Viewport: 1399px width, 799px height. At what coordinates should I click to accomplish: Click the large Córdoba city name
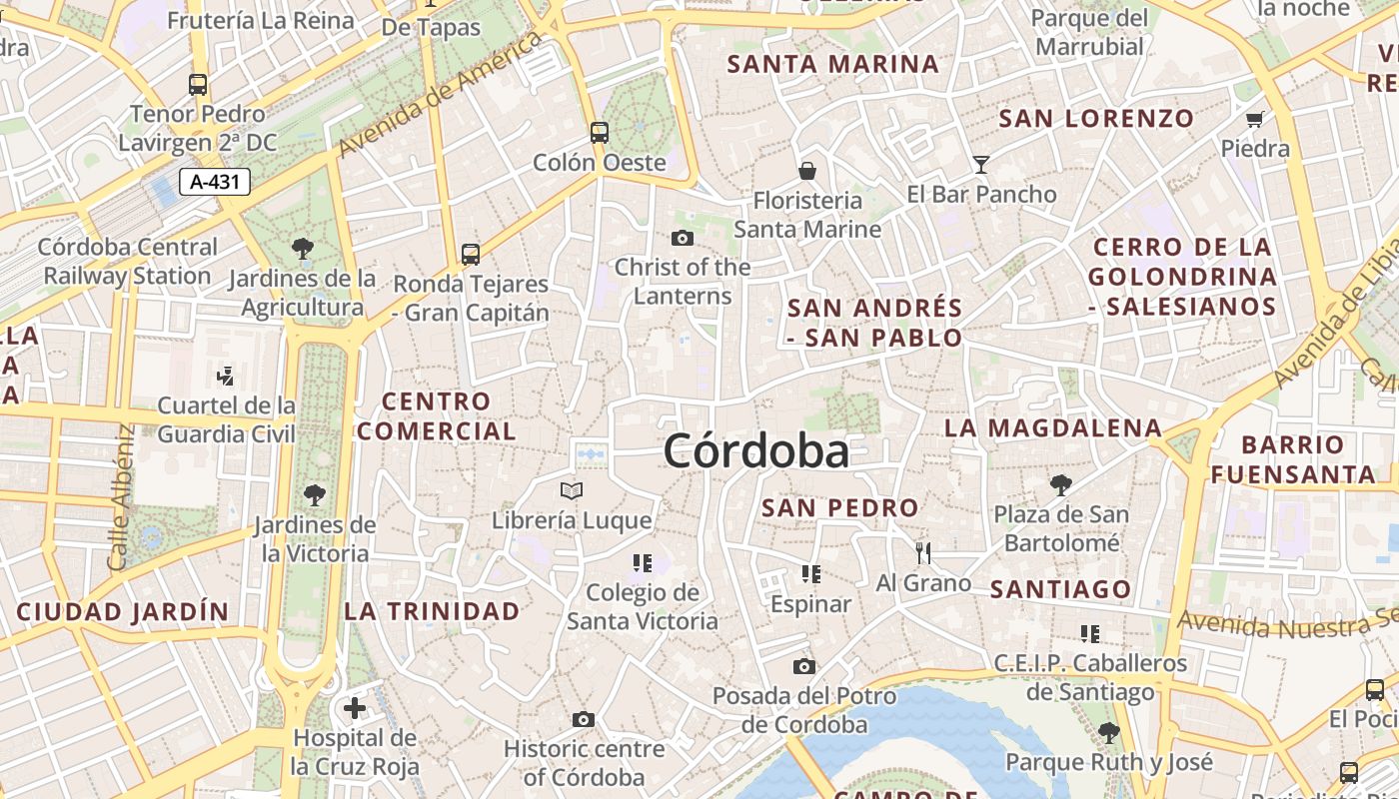(x=756, y=451)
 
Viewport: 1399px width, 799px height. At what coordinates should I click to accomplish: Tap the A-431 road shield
(x=215, y=181)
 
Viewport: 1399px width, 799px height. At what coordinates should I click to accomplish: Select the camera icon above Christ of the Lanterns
(x=683, y=238)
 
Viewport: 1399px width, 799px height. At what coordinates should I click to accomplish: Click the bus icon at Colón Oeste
(x=600, y=132)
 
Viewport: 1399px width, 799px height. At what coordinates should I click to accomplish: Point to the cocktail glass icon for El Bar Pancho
(x=981, y=164)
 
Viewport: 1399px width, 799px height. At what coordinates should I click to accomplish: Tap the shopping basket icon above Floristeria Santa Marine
(x=807, y=171)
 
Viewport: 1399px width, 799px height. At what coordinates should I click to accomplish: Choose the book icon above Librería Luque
(x=572, y=490)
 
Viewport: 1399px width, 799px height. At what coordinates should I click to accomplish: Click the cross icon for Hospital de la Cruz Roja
(x=355, y=708)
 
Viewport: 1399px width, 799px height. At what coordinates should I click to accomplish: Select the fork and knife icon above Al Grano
(x=923, y=552)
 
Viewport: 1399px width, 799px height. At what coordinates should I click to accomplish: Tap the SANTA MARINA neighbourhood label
(x=833, y=65)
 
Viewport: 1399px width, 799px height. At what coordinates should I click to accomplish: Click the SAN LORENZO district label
(x=1096, y=119)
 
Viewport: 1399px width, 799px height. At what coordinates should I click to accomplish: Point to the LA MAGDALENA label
(x=1053, y=428)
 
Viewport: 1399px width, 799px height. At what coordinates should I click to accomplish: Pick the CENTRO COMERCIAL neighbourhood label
(x=437, y=416)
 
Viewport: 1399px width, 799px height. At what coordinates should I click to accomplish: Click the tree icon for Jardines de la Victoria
(x=315, y=494)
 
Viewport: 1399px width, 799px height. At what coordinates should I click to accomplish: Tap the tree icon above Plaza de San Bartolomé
(x=1061, y=485)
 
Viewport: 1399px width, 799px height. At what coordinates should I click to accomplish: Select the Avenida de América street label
(x=442, y=95)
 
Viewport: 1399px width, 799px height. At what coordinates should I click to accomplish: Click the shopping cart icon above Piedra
(x=1255, y=119)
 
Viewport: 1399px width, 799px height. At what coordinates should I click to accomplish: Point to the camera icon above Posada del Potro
(x=804, y=666)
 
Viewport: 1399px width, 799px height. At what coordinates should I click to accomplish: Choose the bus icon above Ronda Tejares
(x=471, y=254)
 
